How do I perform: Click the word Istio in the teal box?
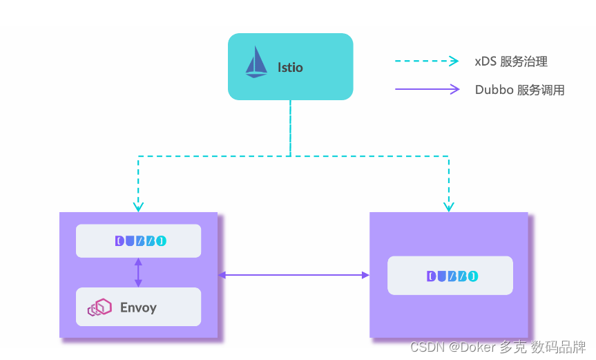pos(290,68)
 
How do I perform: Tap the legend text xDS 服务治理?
pos(511,61)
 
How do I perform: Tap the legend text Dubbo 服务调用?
pos(519,90)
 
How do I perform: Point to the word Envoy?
pos(138,307)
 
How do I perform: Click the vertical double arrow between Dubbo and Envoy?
pos(138,273)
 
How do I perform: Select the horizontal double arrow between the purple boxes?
pos(294,275)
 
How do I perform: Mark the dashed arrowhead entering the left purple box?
pos(138,206)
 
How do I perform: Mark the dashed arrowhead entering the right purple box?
pos(449,206)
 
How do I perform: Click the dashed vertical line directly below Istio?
pos(290,128)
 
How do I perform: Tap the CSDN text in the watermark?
pos(426,346)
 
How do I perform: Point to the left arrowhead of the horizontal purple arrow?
pos(222,275)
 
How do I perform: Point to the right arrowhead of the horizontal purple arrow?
pos(365,275)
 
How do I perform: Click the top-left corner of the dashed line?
pos(138,157)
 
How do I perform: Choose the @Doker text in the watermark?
pos(470,346)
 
